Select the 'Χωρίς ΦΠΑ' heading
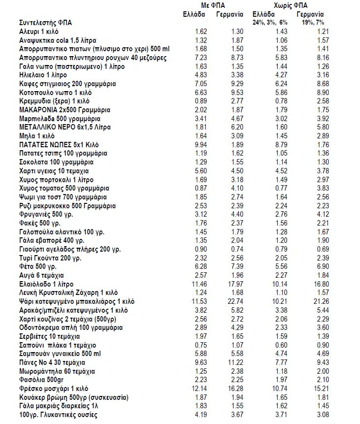click(289, 5)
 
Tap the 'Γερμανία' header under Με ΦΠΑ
click(229, 14)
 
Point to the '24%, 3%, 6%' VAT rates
click(269, 23)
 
